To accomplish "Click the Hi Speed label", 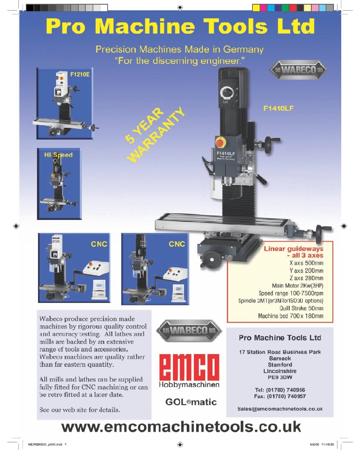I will click(x=58, y=155).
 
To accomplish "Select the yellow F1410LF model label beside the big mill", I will click(x=278, y=108).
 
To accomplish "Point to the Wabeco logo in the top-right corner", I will click(x=298, y=71).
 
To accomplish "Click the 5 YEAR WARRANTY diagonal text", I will click(x=155, y=134).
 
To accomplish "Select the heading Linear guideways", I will click(x=293, y=248).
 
